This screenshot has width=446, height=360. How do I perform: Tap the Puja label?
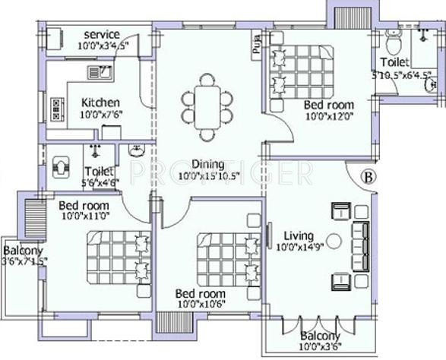coord(255,48)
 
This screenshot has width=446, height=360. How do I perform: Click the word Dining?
coord(207,164)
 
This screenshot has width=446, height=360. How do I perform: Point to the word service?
coord(101,35)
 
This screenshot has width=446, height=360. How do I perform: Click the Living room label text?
coord(294,235)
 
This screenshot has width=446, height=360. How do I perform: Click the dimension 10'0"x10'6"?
coord(201,305)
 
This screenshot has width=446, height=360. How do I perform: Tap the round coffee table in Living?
coord(334,247)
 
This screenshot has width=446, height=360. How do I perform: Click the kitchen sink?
coord(100,73)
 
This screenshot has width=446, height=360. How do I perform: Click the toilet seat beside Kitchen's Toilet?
coord(62,166)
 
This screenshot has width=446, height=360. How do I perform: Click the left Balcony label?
coord(24,251)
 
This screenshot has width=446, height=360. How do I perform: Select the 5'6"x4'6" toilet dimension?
coord(100,182)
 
